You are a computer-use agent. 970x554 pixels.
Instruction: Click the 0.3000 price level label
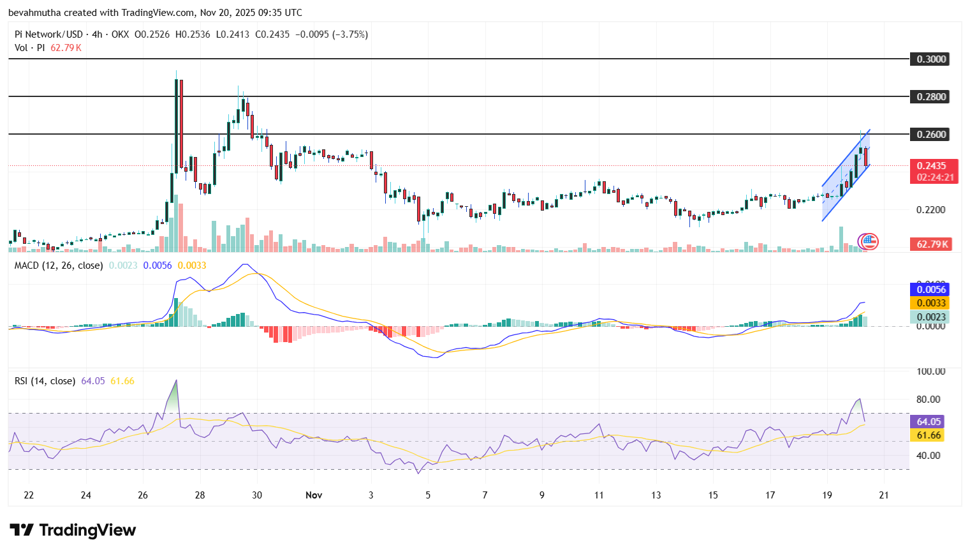coord(930,59)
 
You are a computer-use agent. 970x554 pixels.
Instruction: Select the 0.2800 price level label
coord(930,97)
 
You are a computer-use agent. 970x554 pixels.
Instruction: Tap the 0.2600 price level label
coord(930,135)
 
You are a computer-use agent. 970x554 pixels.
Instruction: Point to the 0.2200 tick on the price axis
coord(930,210)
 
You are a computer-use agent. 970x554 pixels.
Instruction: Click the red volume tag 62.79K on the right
coord(932,244)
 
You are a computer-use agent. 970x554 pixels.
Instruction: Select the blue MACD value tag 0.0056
coord(931,290)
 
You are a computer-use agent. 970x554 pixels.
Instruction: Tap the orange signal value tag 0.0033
coord(931,303)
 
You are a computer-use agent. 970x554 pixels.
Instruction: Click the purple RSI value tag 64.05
coord(929,422)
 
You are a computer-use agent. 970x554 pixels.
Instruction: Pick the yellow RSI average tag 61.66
coord(929,435)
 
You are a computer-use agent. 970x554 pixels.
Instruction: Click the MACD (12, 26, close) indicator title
coord(59,266)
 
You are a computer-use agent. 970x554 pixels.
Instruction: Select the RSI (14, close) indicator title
coord(45,381)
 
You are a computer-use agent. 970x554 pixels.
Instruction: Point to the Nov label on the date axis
coord(314,495)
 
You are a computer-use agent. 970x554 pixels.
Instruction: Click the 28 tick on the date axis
coord(200,495)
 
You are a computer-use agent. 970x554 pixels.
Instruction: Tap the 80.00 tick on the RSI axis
coord(928,400)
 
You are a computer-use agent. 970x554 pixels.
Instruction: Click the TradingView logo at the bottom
coord(73,530)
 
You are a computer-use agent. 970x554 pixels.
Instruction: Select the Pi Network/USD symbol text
coord(48,34)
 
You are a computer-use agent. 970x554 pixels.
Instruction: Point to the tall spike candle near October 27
coord(177,128)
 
